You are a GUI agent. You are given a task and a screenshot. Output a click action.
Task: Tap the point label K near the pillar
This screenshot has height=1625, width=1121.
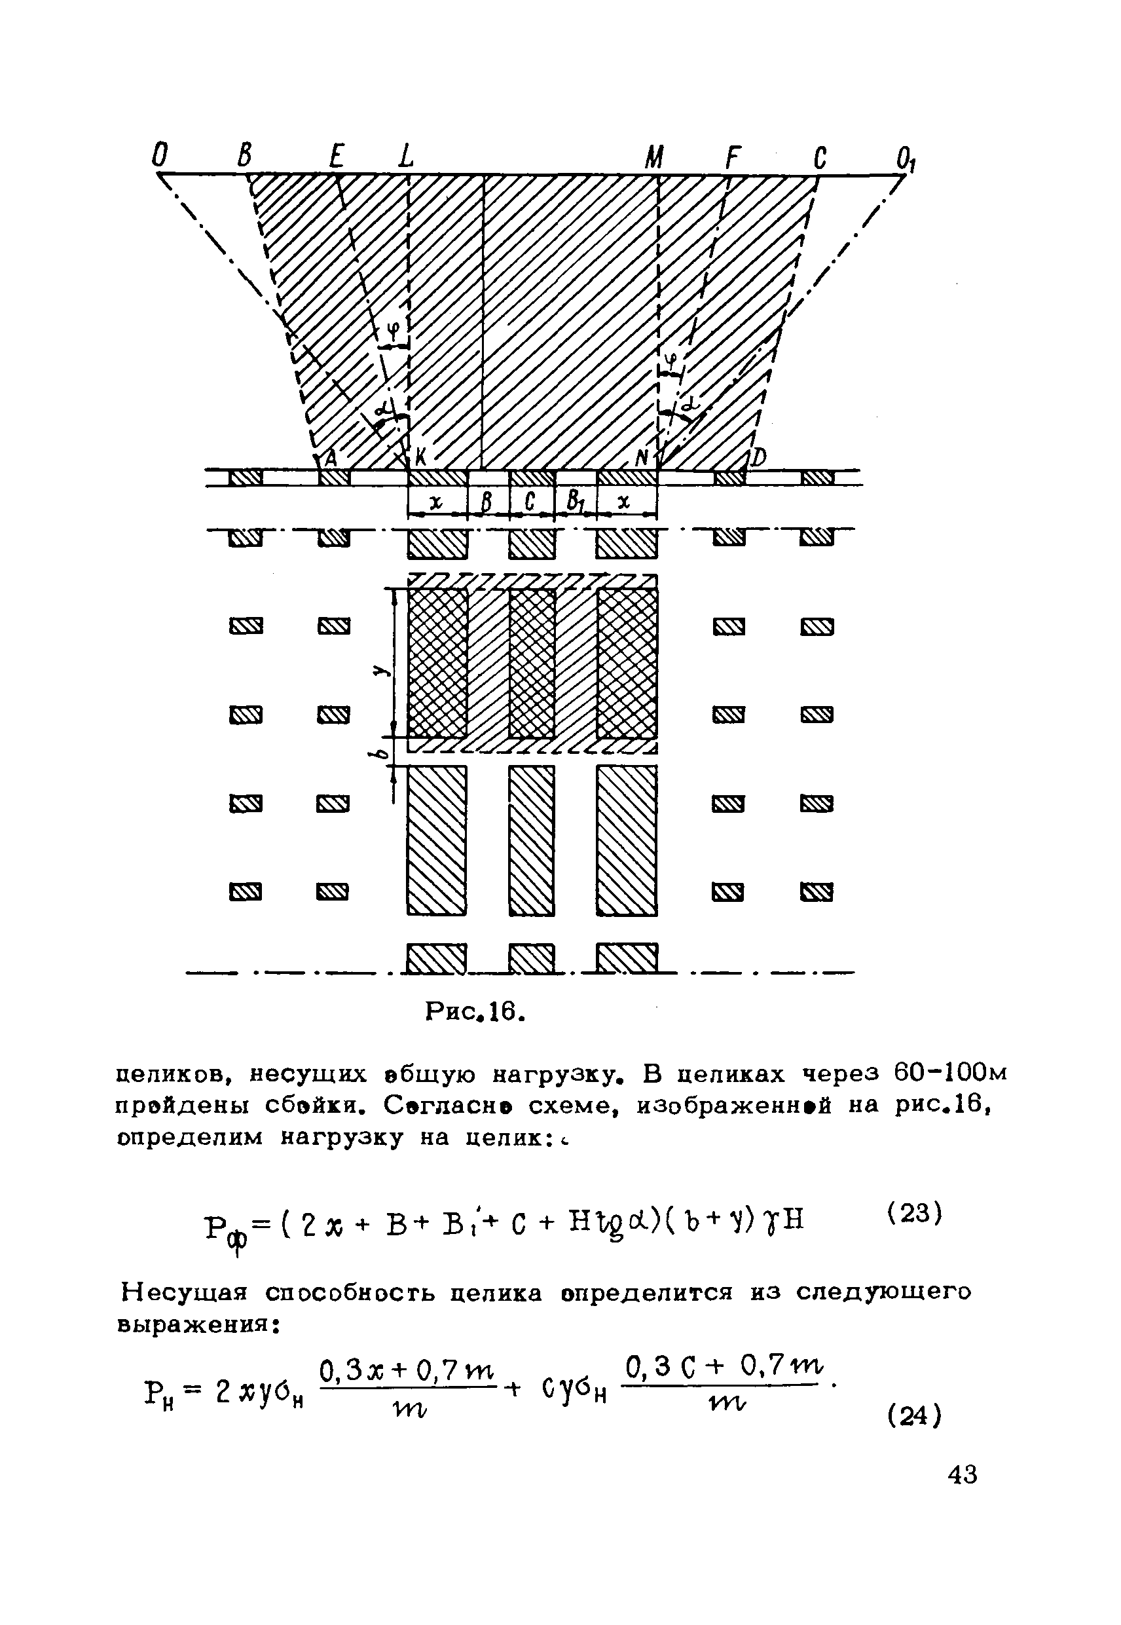coord(421,457)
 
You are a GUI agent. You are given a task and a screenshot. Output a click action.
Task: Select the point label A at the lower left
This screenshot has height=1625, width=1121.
coord(330,457)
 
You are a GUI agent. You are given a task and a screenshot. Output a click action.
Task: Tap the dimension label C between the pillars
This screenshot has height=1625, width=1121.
coord(530,502)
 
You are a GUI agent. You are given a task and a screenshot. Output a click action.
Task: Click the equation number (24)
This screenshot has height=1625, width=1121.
coord(913,1415)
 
